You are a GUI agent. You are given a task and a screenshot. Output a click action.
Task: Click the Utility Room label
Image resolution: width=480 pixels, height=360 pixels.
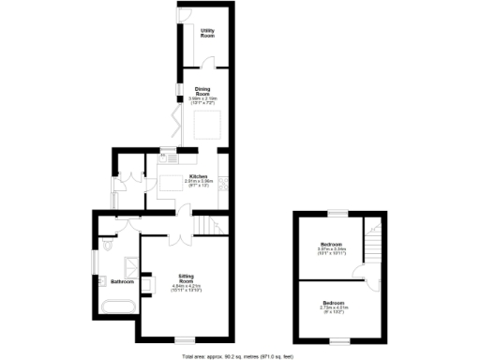click(x=207, y=34)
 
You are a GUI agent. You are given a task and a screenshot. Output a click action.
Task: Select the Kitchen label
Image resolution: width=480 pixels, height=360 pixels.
click(x=198, y=178)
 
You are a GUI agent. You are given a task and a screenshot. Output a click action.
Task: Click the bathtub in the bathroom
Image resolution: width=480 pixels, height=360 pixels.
click(x=117, y=307)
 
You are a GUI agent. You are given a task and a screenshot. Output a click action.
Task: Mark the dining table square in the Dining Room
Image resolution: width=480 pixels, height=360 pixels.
click(x=208, y=124)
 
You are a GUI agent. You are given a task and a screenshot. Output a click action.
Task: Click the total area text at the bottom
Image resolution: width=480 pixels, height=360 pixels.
click(x=240, y=356)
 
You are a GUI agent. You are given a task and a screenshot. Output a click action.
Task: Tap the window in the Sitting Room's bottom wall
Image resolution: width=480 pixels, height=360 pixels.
click(x=187, y=337)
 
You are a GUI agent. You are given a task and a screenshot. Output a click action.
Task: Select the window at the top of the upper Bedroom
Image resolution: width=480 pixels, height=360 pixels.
click(x=333, y=214)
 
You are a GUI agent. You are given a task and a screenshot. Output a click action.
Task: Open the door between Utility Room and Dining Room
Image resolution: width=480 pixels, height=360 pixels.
click(x=211, y=65)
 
